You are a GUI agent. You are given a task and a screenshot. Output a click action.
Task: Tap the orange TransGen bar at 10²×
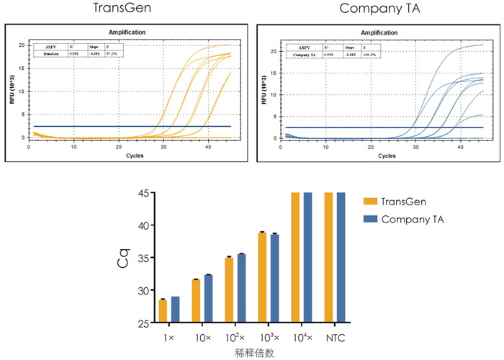229,289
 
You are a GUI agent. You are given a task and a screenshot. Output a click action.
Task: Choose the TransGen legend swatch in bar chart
371,202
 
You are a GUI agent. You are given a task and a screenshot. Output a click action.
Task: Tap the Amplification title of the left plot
127,32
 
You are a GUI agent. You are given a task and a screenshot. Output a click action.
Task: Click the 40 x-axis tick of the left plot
208,146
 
